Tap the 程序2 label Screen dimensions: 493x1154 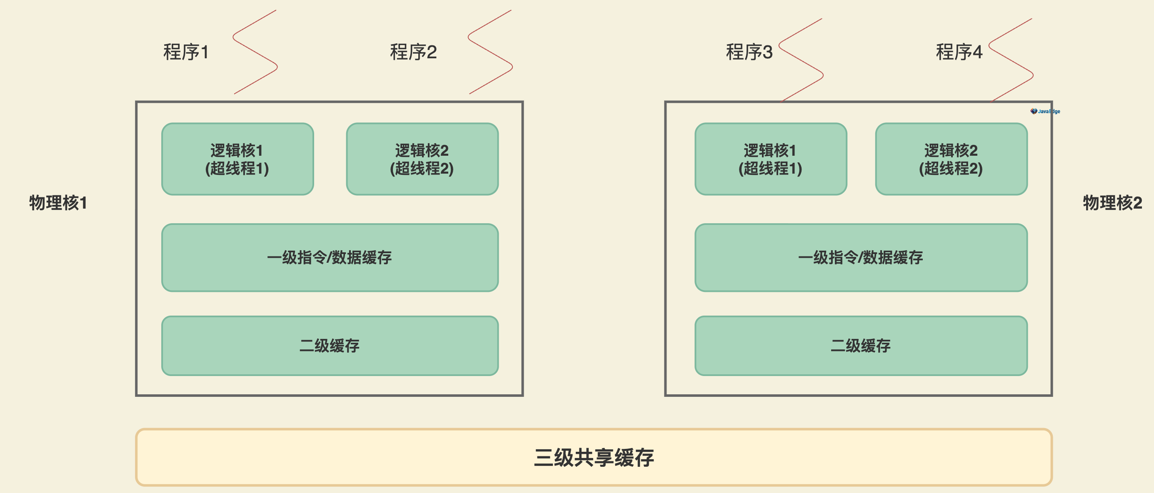413,52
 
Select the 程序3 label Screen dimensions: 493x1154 749,52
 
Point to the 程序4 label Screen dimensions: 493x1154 959,52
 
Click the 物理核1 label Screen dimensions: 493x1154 58,203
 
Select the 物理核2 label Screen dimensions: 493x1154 1112,203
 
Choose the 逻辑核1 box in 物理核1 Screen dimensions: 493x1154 237,159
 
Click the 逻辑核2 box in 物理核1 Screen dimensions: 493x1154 422,159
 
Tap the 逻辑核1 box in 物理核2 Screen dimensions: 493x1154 771,159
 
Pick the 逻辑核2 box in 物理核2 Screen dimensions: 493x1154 951,159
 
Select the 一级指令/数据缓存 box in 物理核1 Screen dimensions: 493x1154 330,258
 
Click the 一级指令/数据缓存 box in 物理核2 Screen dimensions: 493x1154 861,258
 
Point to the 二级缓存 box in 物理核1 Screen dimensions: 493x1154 330,346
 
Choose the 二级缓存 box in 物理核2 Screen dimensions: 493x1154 861,346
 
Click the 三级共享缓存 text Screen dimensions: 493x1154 594,458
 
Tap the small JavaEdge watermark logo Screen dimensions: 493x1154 1045,111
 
